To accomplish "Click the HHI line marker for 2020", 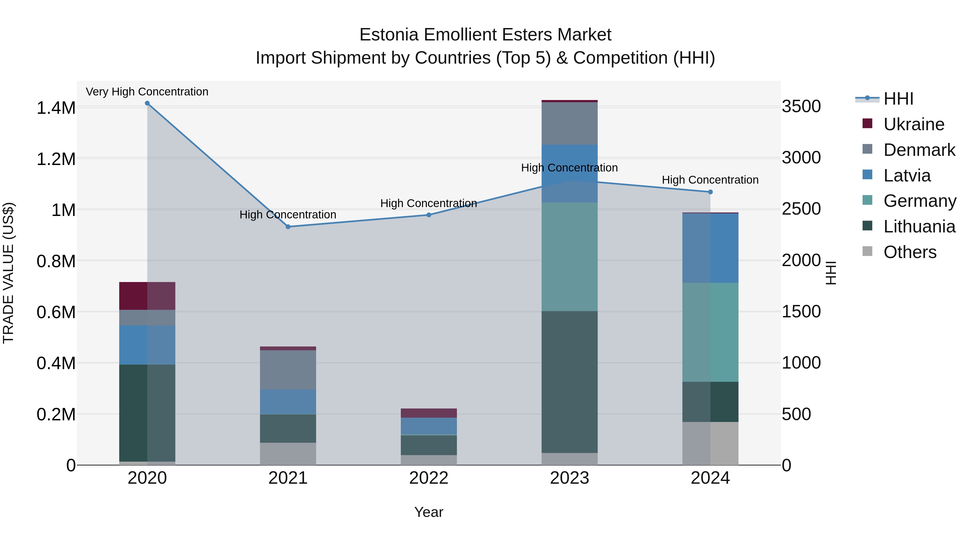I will click(147, 103).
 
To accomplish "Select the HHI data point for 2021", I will click(288, 227).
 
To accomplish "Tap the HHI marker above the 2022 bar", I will click(429, 215).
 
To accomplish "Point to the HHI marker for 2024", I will click(710, 192).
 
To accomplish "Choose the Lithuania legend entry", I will click(919, 226).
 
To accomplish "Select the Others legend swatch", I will click(867, 251).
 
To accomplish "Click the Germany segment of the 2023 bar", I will click(570, 256).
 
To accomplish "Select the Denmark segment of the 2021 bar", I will click(288, 369).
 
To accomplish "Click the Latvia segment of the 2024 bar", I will click(710, 248).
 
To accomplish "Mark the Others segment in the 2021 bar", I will click(288, 454).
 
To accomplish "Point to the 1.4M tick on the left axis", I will click(56, 108).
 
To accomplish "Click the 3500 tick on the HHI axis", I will click(801, 107).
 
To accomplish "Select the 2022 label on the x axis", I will click(429, 478).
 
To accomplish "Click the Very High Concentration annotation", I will click(147, 92).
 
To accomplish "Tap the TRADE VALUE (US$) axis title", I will click(8, 273).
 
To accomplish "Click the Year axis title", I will click(429, 512).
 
